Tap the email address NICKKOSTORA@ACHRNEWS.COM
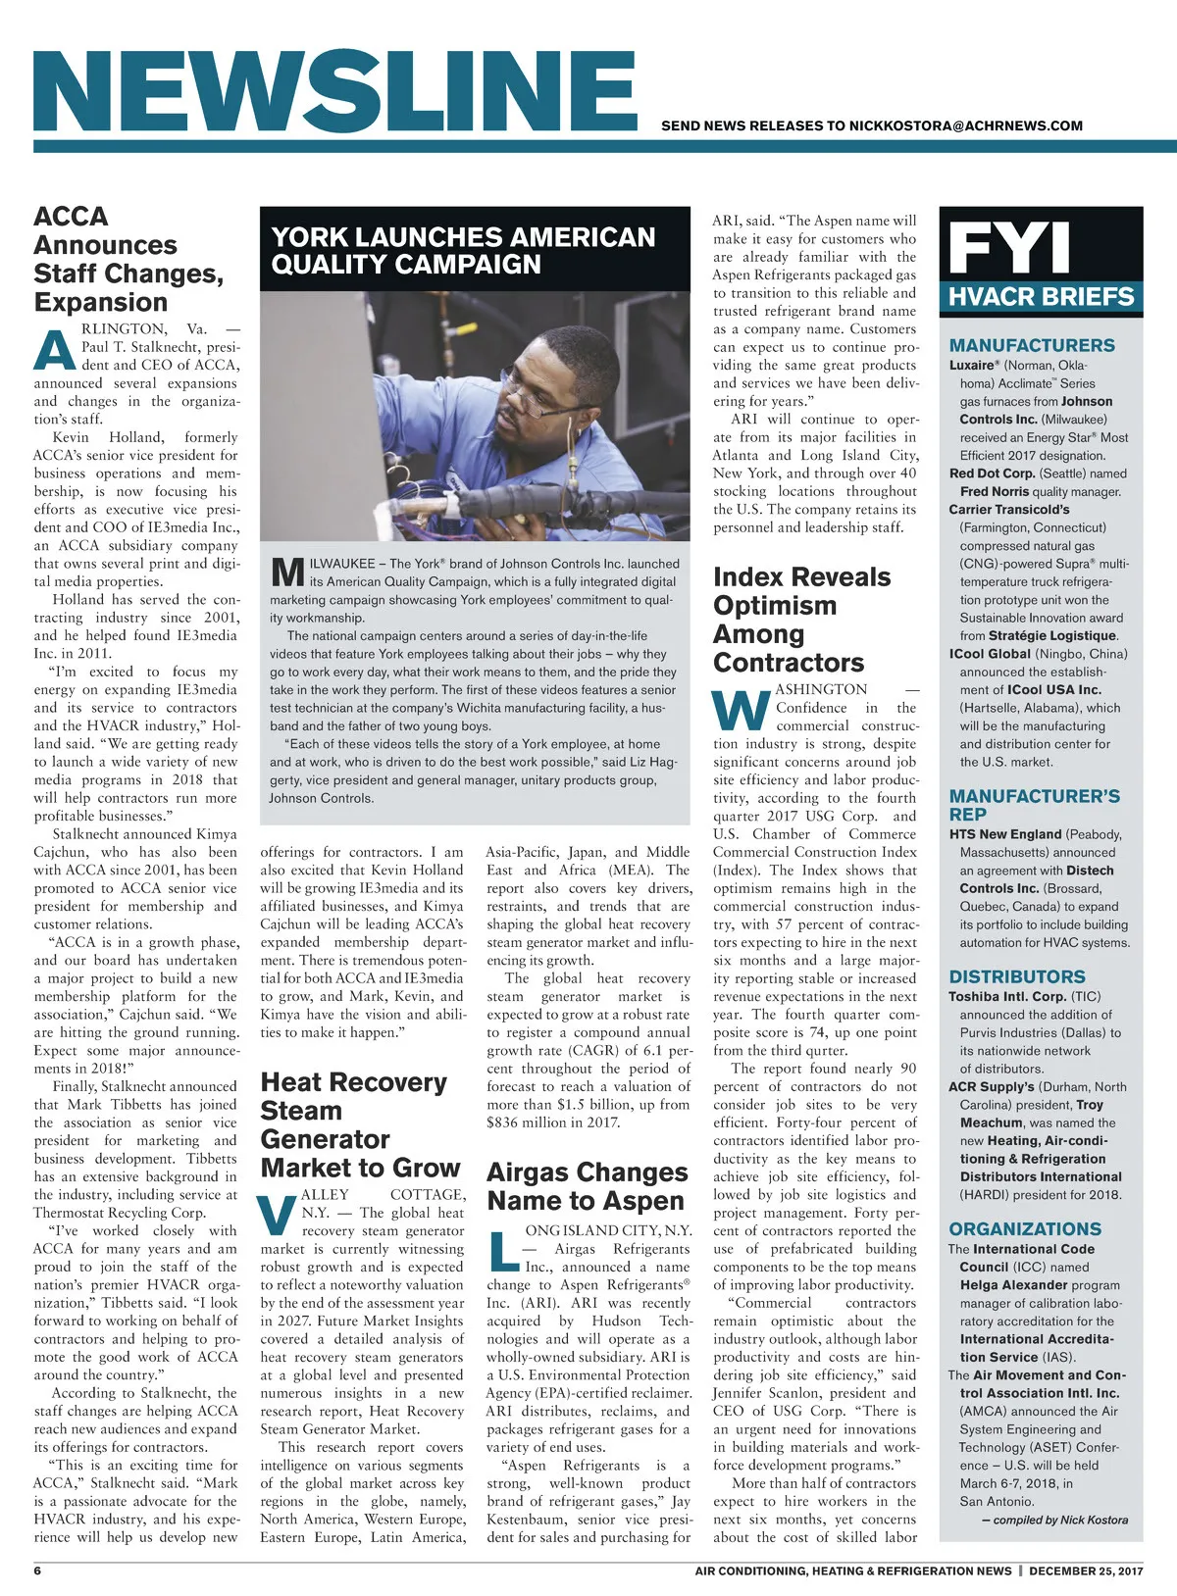(965, 125)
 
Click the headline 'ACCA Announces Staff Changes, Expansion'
(128, 259)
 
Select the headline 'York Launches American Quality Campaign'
(463, 251)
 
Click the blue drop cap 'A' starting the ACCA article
(55, 350)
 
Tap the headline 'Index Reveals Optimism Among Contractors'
(801, 620)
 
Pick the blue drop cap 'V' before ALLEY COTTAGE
(279, 1216)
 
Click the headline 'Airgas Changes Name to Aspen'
(587, 1186)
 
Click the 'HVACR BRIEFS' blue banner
(1041, 297)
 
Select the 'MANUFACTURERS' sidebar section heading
(1032, 345)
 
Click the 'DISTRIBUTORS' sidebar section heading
(1017, 976)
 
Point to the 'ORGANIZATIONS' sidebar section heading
(1025, 1228)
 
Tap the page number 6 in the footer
(37, 1571)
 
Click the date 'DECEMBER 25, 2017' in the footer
(1086, 1571)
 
